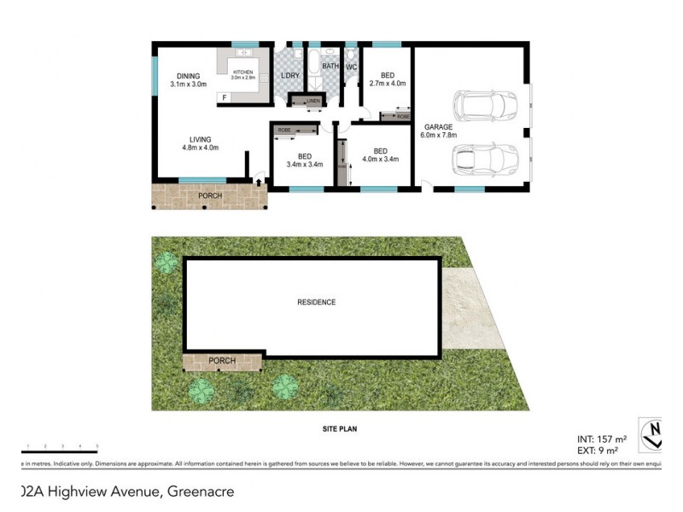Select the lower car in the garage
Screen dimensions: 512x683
coord(484,158)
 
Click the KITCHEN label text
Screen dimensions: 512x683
coord(244,72)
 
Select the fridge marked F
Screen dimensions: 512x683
coord(225,98)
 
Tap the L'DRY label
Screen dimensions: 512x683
coord(289,76)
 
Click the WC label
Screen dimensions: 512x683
coord(351,67)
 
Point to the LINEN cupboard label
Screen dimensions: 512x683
coord(312,102)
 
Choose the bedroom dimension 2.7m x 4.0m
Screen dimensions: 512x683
coord(388,84)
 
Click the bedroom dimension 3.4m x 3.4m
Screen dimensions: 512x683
coord(305,165)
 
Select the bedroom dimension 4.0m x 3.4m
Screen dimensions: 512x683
coord(381,159)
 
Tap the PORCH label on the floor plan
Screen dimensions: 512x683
coord(210,196)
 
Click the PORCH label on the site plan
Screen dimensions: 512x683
coord(222,362)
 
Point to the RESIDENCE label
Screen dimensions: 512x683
coord(316,302)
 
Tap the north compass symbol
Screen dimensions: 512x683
coord(654,433)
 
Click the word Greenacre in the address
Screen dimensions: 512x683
coord(201,492)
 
